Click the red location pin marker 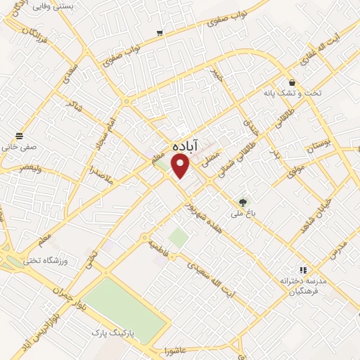pos(181,166)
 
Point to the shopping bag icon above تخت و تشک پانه pos(292,82)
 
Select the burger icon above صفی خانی pos(18,135)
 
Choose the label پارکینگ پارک pos(116,330)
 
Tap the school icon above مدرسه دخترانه pos(302,269)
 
